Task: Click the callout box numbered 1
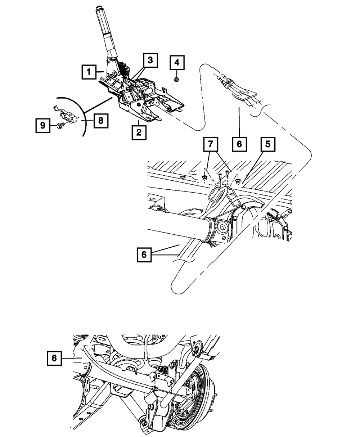point(88,72)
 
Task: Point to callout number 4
point(176,63)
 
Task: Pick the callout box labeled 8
point(100,120)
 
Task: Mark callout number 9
point(43,126)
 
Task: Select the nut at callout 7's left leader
point(204,177)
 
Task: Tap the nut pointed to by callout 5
point(238,181)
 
